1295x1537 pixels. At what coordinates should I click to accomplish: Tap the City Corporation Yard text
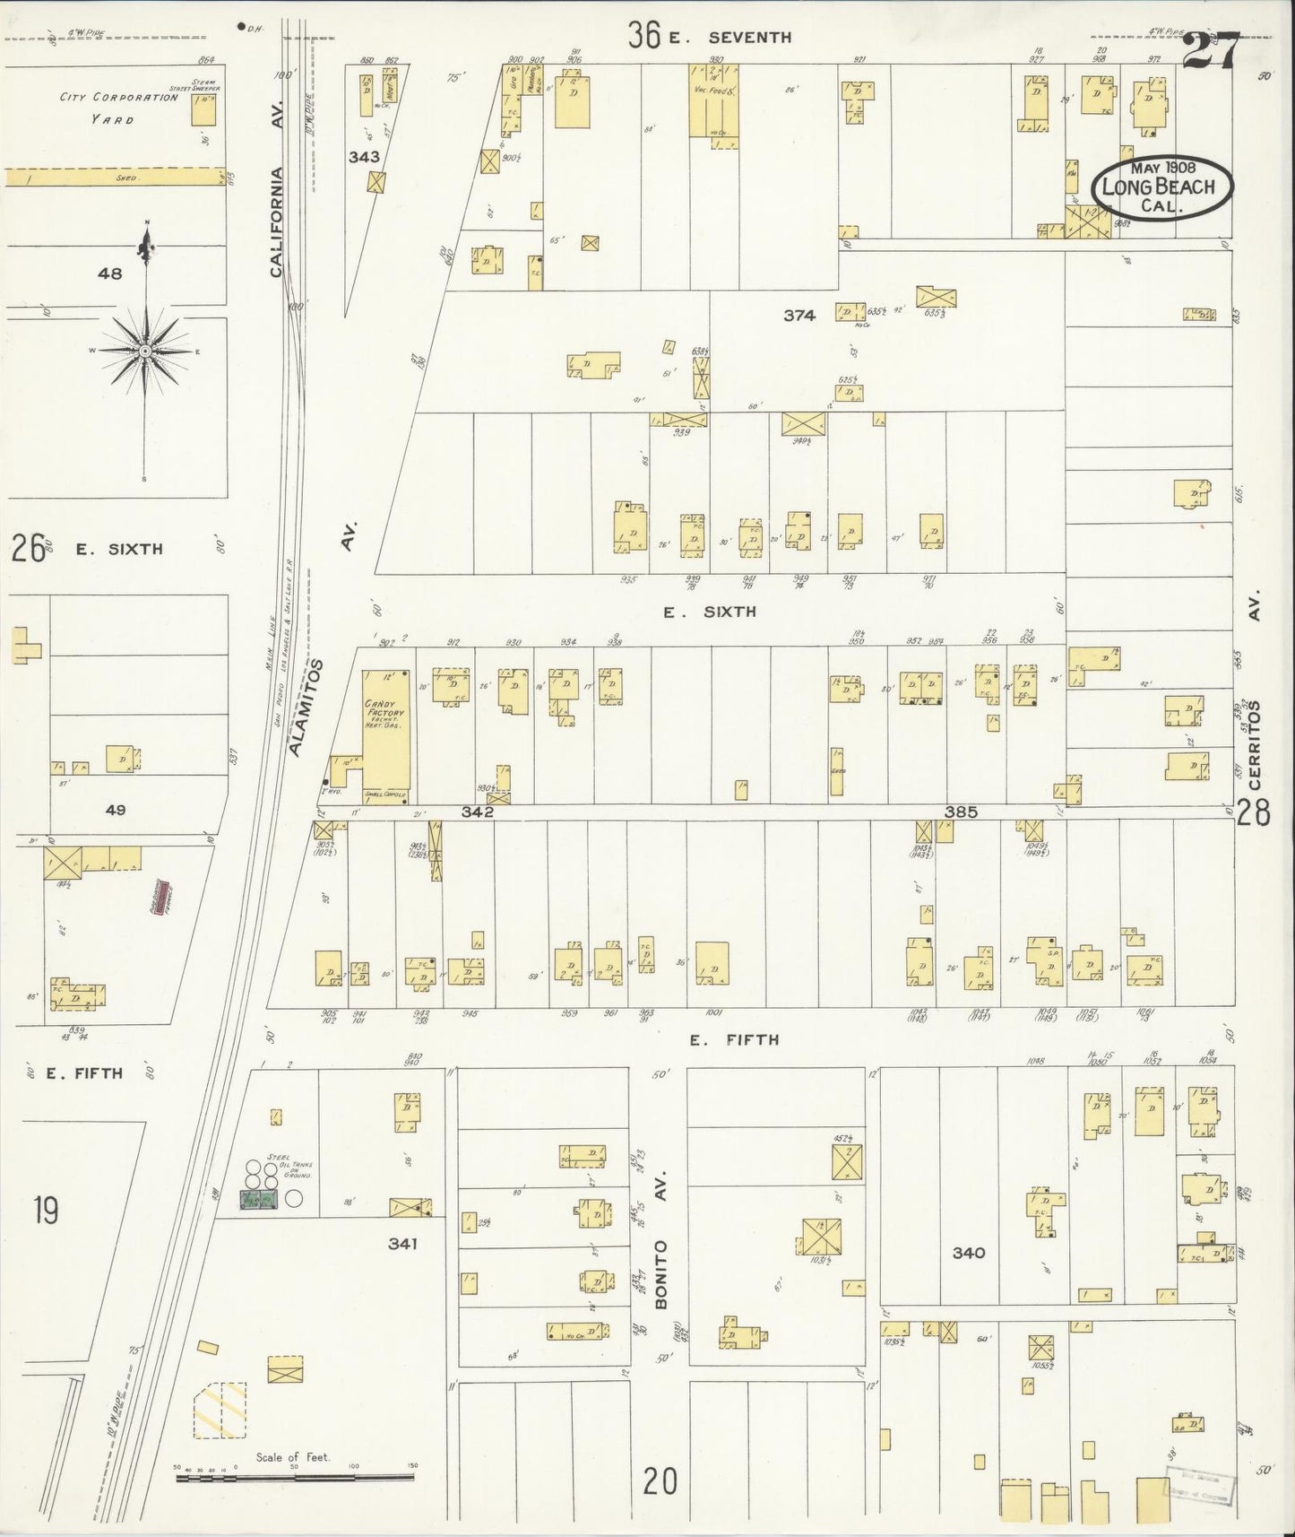(x=118, y=108)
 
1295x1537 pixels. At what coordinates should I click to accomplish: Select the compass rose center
(x=144, y=350)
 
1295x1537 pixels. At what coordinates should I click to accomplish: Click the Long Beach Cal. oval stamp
(x=1161, y=187)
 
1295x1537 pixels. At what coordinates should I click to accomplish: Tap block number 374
(x=799, y=315)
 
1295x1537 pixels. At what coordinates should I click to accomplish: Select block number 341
(x=402, y=1243)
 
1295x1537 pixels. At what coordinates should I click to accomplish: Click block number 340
(x=969, y=1252)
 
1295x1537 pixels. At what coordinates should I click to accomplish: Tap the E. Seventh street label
(x=749, y=37)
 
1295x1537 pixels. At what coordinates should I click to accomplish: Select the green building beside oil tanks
(x=257, y=1200)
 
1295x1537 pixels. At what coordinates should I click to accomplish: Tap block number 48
(x=110, y=274)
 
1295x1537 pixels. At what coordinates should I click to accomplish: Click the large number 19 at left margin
(x=45, y=1211)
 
